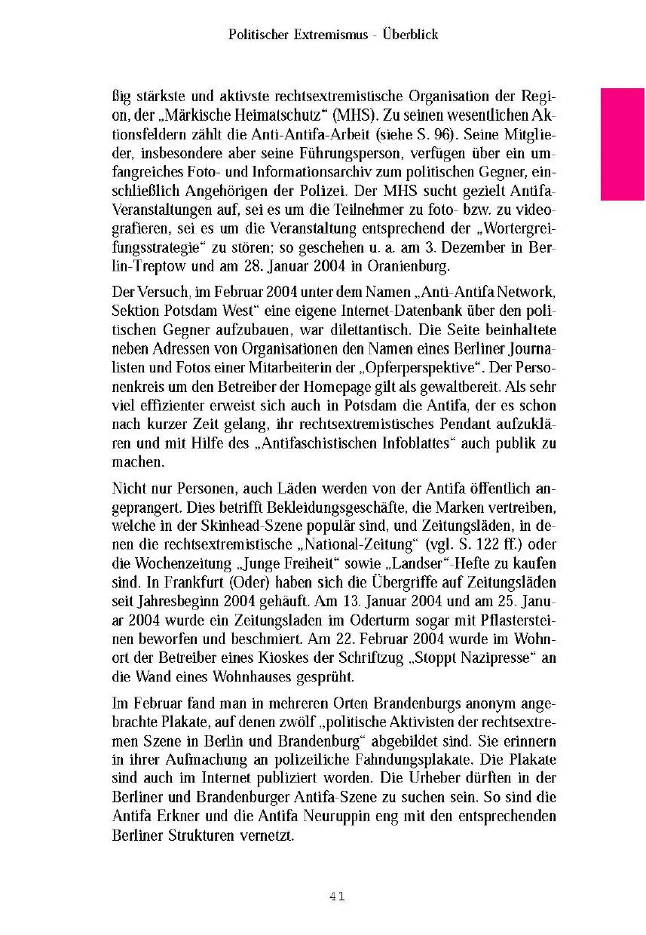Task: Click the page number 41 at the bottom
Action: coord(337,896)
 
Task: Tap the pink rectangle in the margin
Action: coord(622,143)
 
